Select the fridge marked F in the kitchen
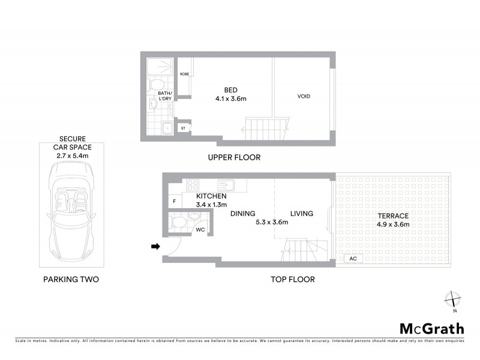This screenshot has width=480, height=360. point(174,202)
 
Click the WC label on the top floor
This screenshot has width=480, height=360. point(199,229)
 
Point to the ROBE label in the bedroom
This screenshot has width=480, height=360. point(184,74)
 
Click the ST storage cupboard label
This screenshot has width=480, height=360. point(183,127)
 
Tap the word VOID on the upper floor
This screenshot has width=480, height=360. point(304,97)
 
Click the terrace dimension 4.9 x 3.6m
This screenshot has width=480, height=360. point(394,224)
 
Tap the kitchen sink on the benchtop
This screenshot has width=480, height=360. point(224,185)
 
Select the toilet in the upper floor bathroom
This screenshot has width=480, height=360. point(155,83)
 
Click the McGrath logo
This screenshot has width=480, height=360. point(431,328)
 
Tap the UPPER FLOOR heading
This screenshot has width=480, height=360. point(233,158)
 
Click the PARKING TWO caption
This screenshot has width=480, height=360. point(70,280)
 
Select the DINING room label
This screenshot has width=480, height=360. point(242,214)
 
